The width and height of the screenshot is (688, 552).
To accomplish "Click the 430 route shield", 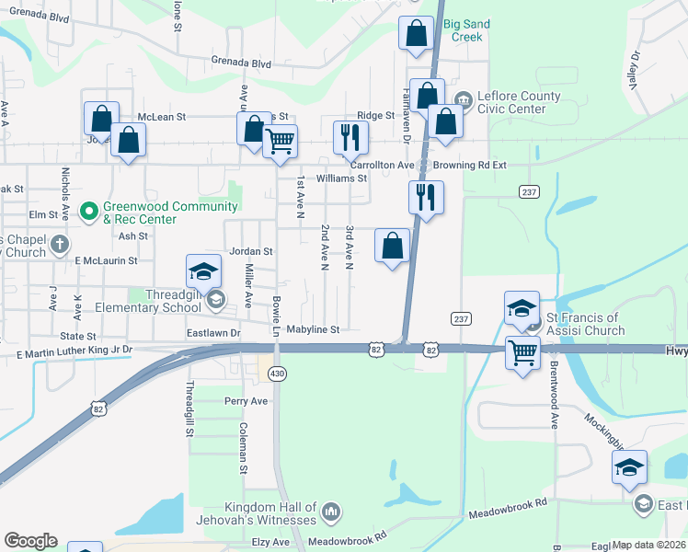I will click(276, 373).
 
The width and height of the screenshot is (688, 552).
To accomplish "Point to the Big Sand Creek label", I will click(464, 30).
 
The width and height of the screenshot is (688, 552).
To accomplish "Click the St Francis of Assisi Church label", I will click(586, 324).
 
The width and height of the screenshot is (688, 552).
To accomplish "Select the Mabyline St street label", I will click(313, 328).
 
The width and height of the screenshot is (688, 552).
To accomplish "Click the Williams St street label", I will click(342, 178).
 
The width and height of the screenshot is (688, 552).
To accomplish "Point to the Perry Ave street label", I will click(247, 401).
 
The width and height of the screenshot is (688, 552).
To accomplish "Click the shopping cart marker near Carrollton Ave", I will click(280, 142).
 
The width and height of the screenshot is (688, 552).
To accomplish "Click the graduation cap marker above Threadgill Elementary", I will click(203, 270).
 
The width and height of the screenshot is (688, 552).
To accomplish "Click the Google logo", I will click(30, 540).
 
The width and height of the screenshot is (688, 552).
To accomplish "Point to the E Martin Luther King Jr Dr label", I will click(75, 351).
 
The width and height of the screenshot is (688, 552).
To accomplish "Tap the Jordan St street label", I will click(251, 251).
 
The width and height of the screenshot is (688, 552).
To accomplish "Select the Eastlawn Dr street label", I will click(213, 332).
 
